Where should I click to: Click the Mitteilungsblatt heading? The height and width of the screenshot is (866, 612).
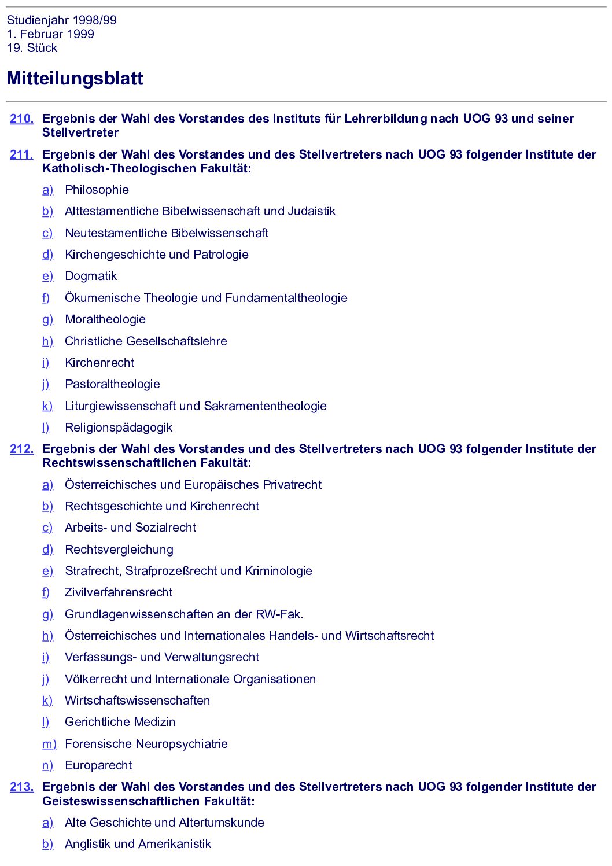pyautogui.click(x=75, y=79)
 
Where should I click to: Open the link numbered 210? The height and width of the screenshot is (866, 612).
pyautogui.click(x=22, y=119)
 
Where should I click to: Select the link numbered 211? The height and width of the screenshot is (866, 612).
pyautogui.click(x=22, y=154)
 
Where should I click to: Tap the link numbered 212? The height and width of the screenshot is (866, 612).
pyautogui.click(x=22, y=449)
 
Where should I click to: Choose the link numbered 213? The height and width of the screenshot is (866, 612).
pyautogui.click(x=22, y=787)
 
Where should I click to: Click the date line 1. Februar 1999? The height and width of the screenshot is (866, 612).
pyautogui.click(x=50, y=34)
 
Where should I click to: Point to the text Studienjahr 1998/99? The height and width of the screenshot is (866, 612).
pyautogui.click(x=62, y=20)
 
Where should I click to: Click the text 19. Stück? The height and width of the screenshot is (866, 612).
pyautogui.click(x=32, y=48)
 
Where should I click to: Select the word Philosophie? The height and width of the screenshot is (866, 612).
pyautogui.click(x=97, y=190)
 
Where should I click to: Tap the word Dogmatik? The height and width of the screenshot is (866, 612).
pyautogui.click(x=91, y=276)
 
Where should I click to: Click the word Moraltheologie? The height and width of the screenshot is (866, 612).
pyautogui.click(x=105, y=319)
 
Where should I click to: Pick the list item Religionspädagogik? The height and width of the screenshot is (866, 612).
pyautogui.click(x=119, y=428)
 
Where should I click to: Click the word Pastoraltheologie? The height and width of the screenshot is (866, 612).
pyautogui.click(x=112, y=384)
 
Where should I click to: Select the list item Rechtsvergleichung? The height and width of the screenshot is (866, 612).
pyautogui.click(x=119, y=550)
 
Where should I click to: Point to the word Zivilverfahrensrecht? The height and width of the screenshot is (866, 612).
pyautogui.click(x=119, y=592)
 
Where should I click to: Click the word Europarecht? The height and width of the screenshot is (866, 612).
pyautogui.click(x=98, y=765)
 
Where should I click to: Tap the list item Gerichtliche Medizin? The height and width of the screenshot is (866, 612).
pyautogui.click(x=120, y=722)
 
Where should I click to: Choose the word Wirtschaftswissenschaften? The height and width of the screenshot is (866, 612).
pyautogui.click(x=137, y=701)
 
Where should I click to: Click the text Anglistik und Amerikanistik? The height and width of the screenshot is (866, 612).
pyautogui.click(x=138, y=844)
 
